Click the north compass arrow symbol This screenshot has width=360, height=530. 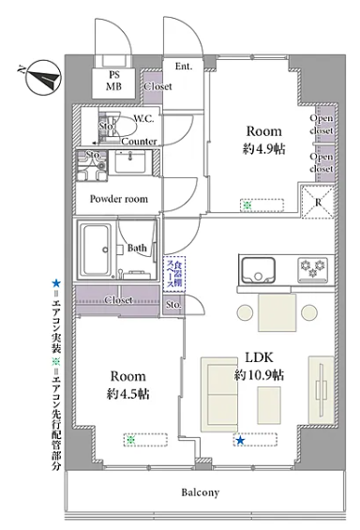pos(44,78)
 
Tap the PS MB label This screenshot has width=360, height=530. pos(114,81)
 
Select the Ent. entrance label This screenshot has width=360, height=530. pos(184,67)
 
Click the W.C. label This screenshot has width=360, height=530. pos(143,119)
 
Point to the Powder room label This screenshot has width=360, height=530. pos(119,199)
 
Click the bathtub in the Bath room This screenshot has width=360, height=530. pos(97,250)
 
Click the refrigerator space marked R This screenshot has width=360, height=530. pos(317,202)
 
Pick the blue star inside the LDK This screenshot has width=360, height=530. pos(240,440)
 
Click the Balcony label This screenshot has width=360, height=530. pos(201,492)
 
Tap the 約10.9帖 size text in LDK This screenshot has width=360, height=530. pos(260,375)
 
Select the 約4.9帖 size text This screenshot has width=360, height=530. pos(264,149)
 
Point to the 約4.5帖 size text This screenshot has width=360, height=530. pos(128,394)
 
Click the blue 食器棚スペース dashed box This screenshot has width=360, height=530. pos(174,274)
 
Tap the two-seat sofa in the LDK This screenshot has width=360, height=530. pos(219,394)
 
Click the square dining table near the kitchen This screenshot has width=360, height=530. pos(277,312)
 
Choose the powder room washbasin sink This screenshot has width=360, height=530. pos(130,161)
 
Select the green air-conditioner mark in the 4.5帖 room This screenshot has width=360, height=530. pos(130,440)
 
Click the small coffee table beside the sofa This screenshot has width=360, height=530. pos(269,405)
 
